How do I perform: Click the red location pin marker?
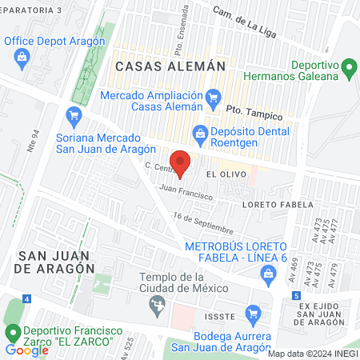click(181, 162)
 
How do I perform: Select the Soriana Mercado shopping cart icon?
click(74, 116)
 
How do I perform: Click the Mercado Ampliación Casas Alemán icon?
click(213, 98)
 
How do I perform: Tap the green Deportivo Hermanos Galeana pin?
click(349, 69)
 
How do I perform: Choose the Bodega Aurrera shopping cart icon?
click(254, 313)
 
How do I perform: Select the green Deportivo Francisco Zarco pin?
click(13, 332)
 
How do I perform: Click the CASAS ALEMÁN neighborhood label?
click(166, 66)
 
